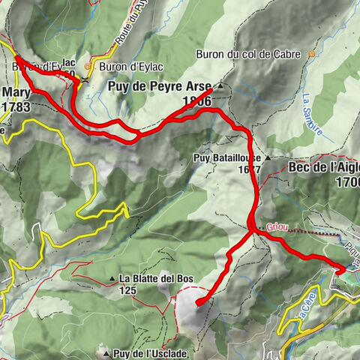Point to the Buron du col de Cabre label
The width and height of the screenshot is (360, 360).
pyautogui.click(x=247, y=54)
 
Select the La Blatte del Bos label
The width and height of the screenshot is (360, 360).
pyautogui.click(x=156, y=279)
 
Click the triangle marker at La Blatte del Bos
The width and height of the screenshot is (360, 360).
pyautogui.click(x=112, y=279)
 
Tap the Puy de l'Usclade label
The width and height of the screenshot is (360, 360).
pyautogui.click(x=150, y=353)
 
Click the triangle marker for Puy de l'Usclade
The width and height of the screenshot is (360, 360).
pyautogui.click(x=107, y=353)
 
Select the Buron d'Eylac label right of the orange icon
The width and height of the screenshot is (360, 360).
pyautogui.click(x=135, y=66)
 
